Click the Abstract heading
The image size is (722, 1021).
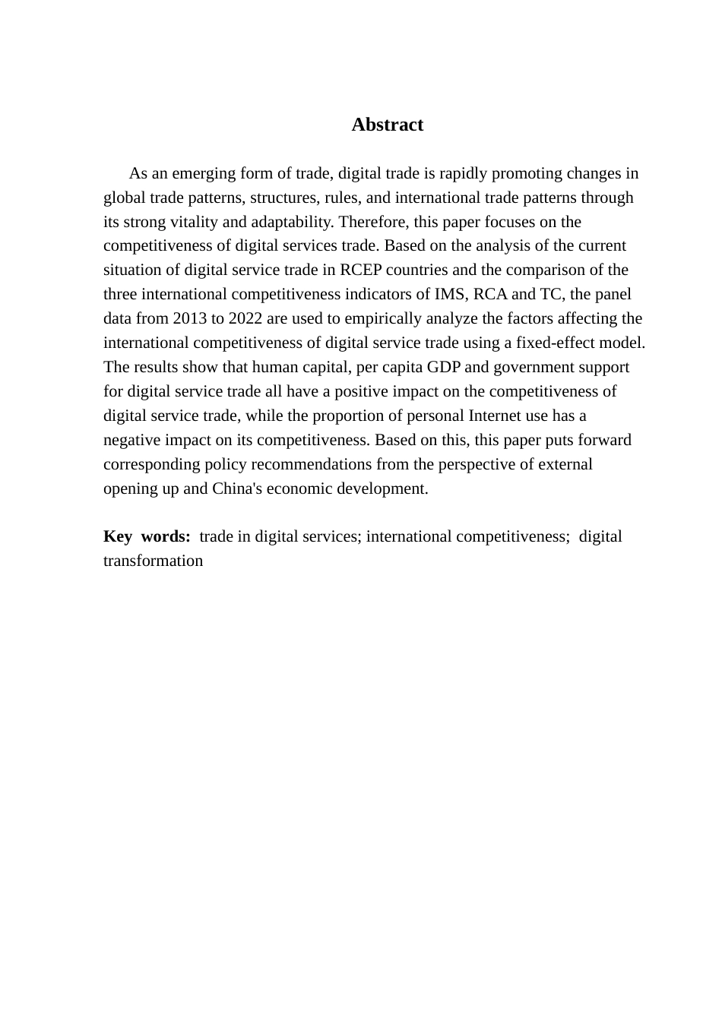pyautogui.click(x=387, y=125)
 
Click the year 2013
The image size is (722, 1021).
pyautogui.click(x=190, y=318)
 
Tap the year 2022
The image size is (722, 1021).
pyautogui.click(x=247, y=318)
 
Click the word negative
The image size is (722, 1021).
pyautogui.click(x=130, y=440)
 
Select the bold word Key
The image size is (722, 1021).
pyautogui.click(x=117, y=536)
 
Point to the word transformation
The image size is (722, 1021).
pyautogui.click(x=153, y=561)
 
